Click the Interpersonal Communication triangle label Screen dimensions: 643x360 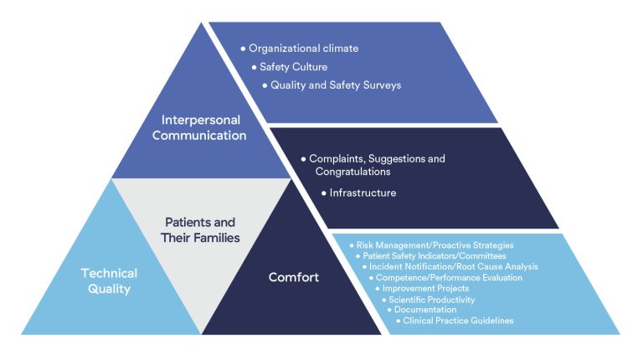199,127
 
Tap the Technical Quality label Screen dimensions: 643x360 109,280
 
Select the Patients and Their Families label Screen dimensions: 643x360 200,230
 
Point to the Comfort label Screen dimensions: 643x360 294,277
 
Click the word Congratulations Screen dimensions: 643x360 352,172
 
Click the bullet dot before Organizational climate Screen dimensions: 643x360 243,49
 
